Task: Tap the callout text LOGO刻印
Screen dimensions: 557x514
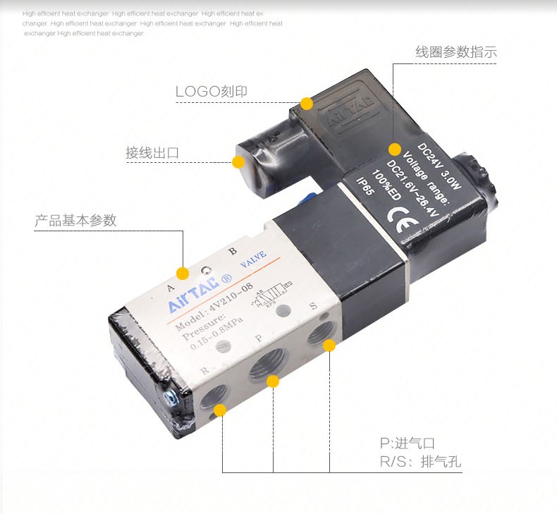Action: click(x=212, y=91)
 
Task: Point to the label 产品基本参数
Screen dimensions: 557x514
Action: click(x=75, y=220)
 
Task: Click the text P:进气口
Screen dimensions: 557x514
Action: click(x=407, y=443)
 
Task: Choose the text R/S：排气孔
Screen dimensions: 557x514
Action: click(x=420, y=463)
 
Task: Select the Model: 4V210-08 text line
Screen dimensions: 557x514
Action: click(x=213, y=309)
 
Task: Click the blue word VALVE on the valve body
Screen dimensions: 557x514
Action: click(x=252, y=264)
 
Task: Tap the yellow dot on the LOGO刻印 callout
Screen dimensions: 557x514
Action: click(x=307, y=104)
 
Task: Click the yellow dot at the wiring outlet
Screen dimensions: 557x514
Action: click(x=238, y=162)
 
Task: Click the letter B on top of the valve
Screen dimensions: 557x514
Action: click(x=233, y=251)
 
